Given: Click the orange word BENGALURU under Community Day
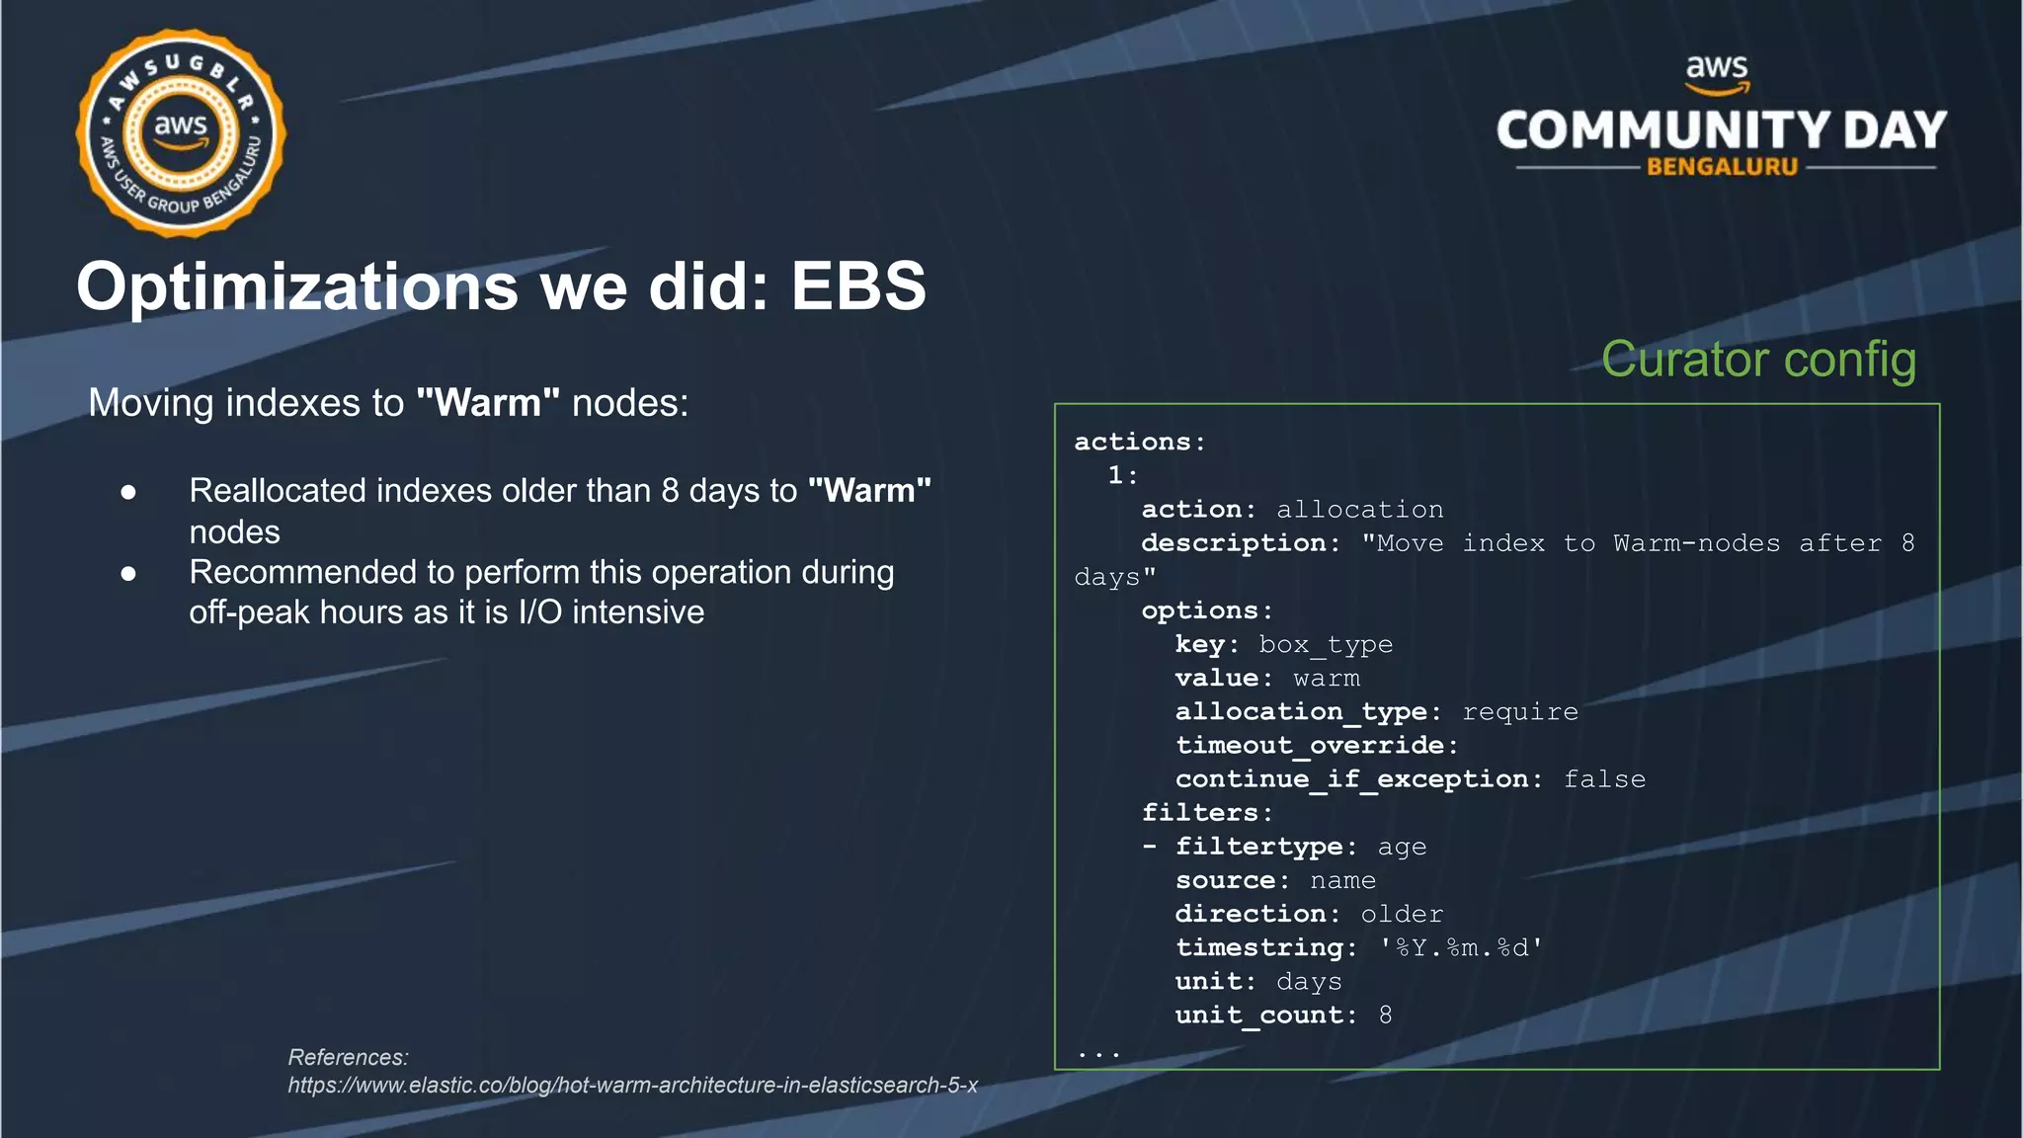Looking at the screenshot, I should pos(1722,167).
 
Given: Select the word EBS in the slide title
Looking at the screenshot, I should pos(857,286).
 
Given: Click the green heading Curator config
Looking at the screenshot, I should pos(1758,359).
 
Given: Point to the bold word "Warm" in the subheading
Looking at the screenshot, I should pos(488,403).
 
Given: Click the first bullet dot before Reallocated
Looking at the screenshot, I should pos(128,491).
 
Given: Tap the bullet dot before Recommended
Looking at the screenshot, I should pos(128,573).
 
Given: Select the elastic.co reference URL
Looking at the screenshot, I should pos(632,1085).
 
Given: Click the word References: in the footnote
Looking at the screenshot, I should pos(348,1057).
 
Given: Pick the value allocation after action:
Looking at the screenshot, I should pos(1359,510).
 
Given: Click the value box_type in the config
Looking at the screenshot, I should pos(1325,645).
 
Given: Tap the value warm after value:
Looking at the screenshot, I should pos(1326,679).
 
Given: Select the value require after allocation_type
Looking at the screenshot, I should pos(1519,712).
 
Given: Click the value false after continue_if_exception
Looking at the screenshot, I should pos(1604,779).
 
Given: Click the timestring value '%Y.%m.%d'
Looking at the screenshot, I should pos(1461,948).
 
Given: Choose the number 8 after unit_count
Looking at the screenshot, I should pos(1385,1016).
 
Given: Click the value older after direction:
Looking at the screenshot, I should pos(1402,915).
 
